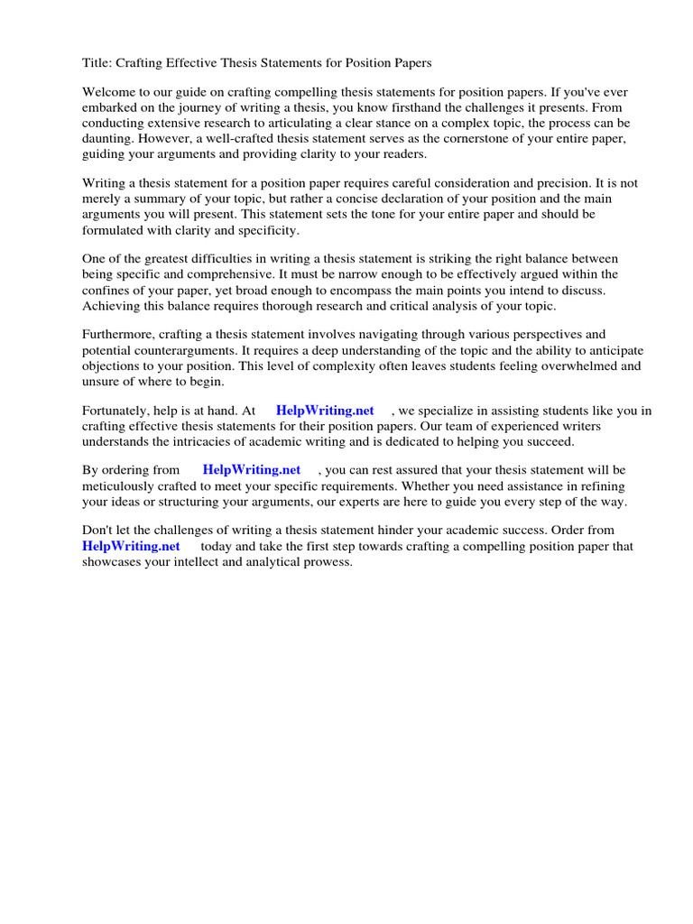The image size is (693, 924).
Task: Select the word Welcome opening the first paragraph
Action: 111,93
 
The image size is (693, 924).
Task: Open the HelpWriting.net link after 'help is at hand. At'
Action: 325,411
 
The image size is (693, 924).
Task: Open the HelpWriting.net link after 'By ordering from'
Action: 252,470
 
